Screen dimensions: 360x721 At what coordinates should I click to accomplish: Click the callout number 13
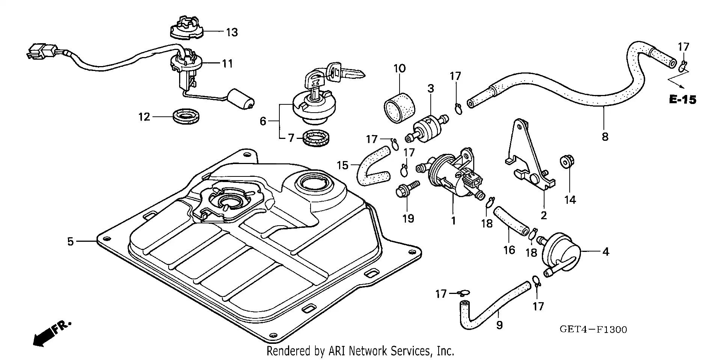(232, 32)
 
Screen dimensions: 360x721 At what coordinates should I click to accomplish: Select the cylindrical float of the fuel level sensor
(241, 99)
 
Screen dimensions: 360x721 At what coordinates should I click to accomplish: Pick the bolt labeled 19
(405, 190)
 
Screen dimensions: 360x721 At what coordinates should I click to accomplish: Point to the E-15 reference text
(682, 100)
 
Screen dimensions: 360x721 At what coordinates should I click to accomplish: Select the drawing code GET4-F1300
(593, 330)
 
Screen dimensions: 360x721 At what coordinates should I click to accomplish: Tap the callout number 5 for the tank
(71, 241)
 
